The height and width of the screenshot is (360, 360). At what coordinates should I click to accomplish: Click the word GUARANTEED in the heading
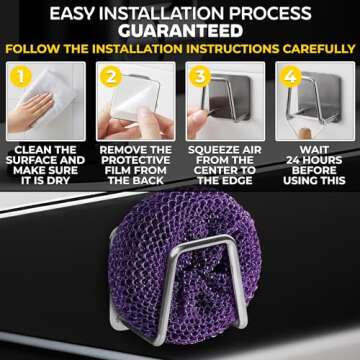180,31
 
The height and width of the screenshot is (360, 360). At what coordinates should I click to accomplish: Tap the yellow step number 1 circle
17,74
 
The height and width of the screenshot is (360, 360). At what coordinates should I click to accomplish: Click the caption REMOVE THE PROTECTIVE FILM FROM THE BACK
134,166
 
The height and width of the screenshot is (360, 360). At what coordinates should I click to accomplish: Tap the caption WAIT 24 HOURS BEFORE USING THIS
313,166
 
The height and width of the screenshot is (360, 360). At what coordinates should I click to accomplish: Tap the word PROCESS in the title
274,13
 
